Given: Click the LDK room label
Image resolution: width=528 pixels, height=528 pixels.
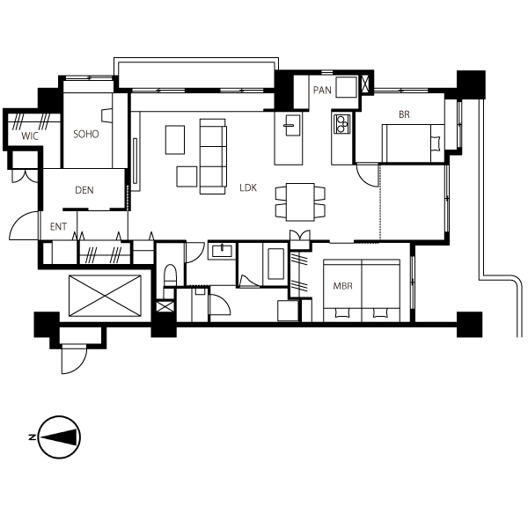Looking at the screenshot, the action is (x=248, y=188).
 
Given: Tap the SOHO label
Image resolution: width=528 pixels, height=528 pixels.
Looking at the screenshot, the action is (x=86, y=135).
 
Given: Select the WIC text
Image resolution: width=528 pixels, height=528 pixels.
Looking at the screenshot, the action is (x=30, y=136).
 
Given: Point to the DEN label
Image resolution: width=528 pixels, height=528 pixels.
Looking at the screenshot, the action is (x=84, y=190).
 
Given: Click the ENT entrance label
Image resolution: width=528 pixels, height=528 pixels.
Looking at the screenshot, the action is (x=58, y=227).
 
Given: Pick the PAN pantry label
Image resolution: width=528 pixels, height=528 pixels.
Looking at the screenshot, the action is (x=322, y=91).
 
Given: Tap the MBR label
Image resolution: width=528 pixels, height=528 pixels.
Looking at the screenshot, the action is (x=343, y=286).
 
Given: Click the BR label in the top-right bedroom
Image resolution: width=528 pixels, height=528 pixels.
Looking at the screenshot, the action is (x=404, y=114).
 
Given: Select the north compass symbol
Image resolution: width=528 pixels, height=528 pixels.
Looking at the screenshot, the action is (x=59, y=437).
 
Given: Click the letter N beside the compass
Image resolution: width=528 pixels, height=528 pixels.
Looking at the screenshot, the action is (x=33, y=437).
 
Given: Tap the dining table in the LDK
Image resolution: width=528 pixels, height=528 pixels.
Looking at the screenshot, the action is (x=300, y=202).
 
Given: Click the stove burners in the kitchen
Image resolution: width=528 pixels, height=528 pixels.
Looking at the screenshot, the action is (x=341, y=124).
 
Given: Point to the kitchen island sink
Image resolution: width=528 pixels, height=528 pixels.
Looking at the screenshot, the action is (x=293, y=125).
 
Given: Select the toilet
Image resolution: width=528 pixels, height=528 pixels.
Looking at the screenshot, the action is (x=170, y=276).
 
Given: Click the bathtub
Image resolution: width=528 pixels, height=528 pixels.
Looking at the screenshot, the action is (x=275, y=264).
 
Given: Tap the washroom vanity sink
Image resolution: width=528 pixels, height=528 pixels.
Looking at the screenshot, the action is (x=223, y=251).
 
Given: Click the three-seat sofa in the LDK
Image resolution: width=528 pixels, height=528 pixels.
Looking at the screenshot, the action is (x=213, y=157).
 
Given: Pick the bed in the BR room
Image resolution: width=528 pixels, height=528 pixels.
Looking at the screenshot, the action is (x=414, y=143).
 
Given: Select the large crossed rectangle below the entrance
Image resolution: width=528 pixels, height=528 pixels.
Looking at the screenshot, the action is (x=105, y=296).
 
